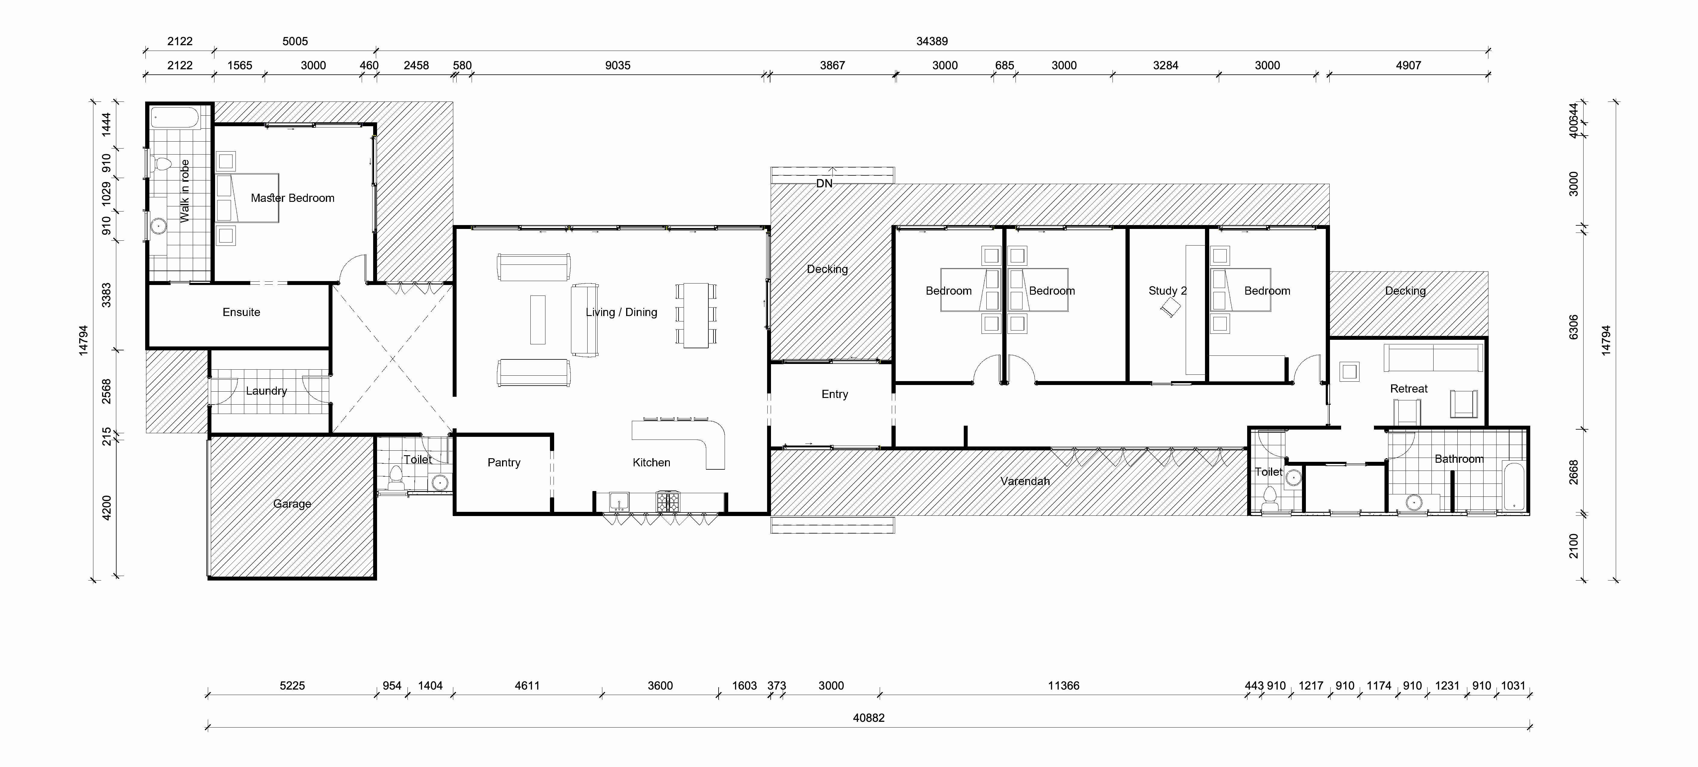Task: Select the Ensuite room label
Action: (241, 312)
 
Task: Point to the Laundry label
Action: (266, 391)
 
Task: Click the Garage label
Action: (292, 504)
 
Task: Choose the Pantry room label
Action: (504, 462)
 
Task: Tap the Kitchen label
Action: (651, 462)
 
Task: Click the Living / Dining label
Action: (622, 312)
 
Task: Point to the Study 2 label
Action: (1167, 291)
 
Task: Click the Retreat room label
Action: (1409, 388)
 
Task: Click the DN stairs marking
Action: (824, 183)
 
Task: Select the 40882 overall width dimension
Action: (869, 718)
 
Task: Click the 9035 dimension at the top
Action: (618, 65)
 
